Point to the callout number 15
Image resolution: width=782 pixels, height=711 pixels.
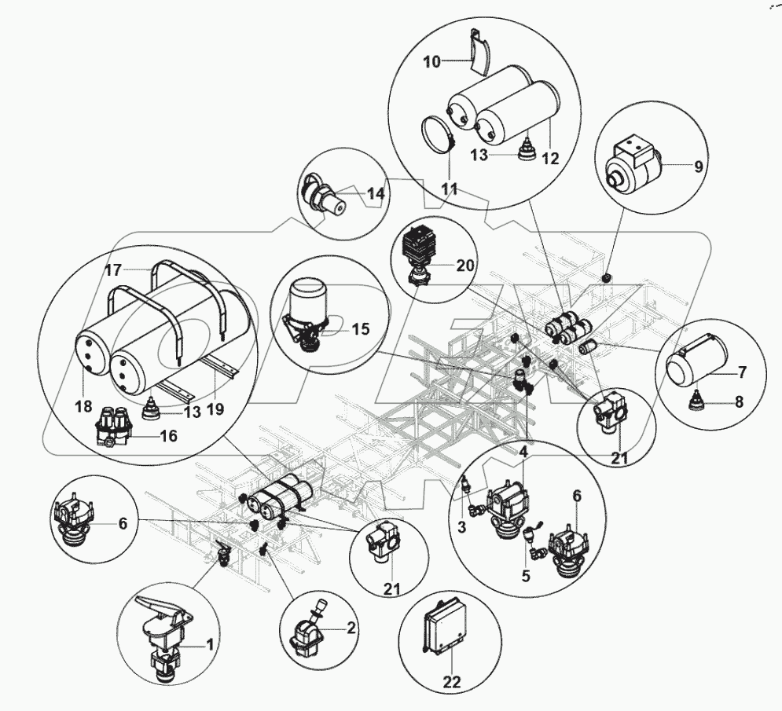pyautogui.click(x=360, y=330)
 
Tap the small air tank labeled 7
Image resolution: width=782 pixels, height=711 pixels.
pyautogui.click(x=692, y=361)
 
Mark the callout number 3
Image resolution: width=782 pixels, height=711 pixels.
pyautogui.click(x=463, y=528)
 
